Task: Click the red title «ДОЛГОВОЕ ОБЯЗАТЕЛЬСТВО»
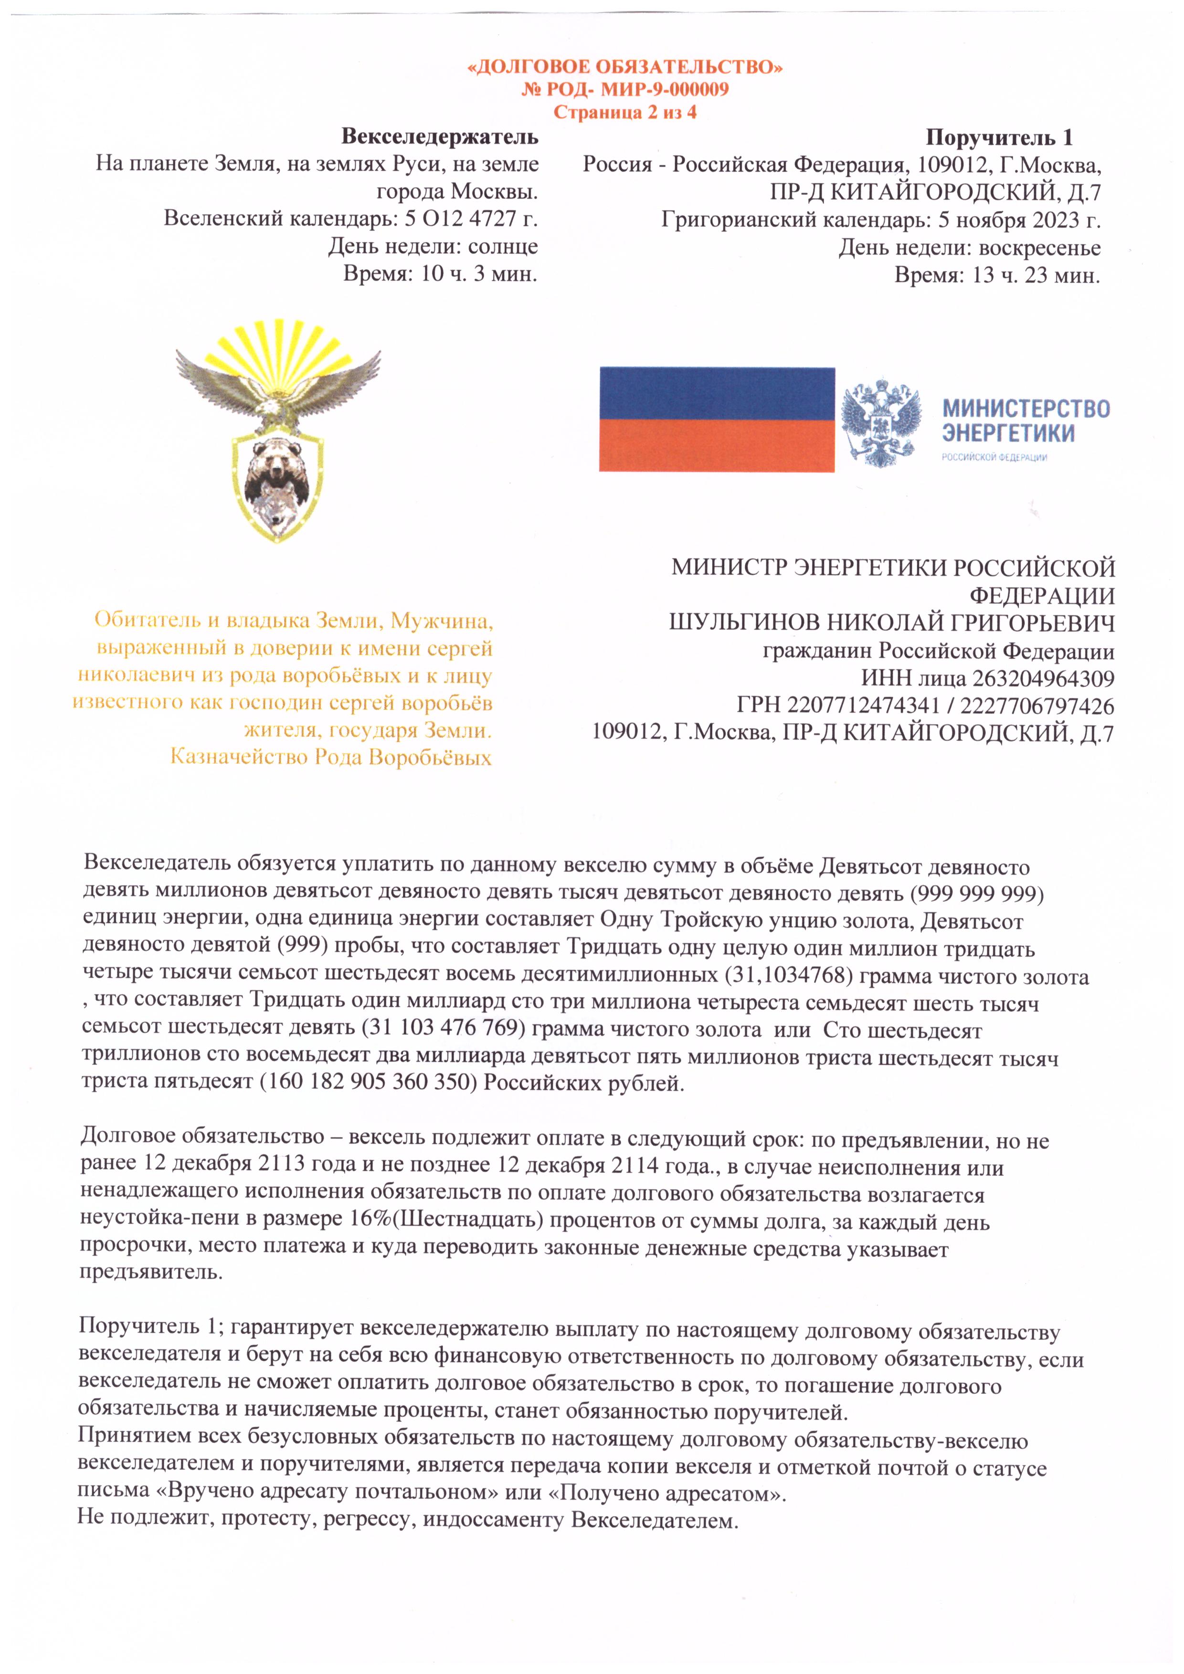click(625, 68)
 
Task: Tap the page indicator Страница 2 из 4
click(625, 113)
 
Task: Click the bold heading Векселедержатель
click(440, 137)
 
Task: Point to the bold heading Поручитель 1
click(999, 137)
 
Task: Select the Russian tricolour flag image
click(717, 419)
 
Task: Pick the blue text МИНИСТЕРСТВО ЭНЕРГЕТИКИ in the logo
click(1026, 421)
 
